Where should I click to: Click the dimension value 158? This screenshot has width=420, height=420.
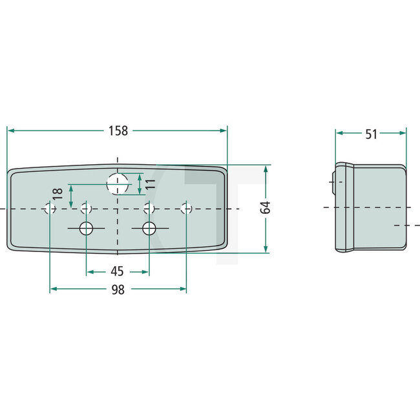point(117,131)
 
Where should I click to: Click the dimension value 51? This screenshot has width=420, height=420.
point(371,134)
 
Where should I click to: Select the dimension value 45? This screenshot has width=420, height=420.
point(117,272)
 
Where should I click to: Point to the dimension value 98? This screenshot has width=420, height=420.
point(117,290)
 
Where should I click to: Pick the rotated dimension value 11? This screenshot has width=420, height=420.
point(149,184)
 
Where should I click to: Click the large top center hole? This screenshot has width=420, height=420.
point(117,184)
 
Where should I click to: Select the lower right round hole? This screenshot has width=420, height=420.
point(149,228)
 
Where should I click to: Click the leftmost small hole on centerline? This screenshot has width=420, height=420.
point(49,208)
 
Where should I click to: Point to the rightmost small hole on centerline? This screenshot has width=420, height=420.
point(187,208)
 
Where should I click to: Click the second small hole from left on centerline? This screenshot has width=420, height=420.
point(86,208)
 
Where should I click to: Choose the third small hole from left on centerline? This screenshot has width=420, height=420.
point(149,208)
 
